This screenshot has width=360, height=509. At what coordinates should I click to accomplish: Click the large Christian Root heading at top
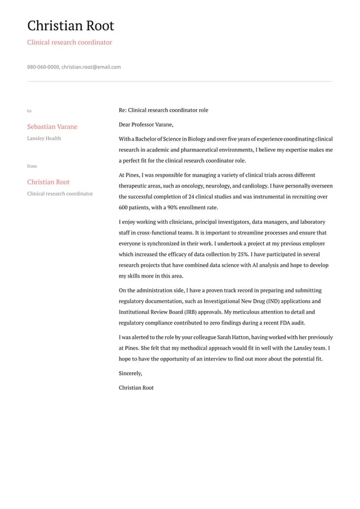click(70, 26)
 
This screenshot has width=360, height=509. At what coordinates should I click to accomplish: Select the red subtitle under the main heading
click(70, 43)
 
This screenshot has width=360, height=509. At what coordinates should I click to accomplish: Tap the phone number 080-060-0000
click(43, 67)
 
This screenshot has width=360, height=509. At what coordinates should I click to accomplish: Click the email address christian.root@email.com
click(91, 67)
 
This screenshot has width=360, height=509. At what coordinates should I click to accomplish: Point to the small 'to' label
click(29, 111)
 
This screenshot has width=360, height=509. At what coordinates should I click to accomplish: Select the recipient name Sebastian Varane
click(52, 126)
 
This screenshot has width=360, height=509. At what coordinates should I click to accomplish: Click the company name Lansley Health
click(44, 138)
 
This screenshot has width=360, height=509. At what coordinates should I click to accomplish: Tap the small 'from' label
click(32, 166)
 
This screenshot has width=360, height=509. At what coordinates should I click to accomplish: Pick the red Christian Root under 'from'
click(48, 182)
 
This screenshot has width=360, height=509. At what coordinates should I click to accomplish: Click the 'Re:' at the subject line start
click(123, 110)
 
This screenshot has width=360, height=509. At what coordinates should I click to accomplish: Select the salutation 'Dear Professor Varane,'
click(146, 125)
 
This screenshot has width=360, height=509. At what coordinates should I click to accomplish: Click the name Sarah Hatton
click(231, 337)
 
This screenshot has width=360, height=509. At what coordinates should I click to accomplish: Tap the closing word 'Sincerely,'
click(131, 373)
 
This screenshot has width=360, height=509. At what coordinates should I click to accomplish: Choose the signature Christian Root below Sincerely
click(136, 387)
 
